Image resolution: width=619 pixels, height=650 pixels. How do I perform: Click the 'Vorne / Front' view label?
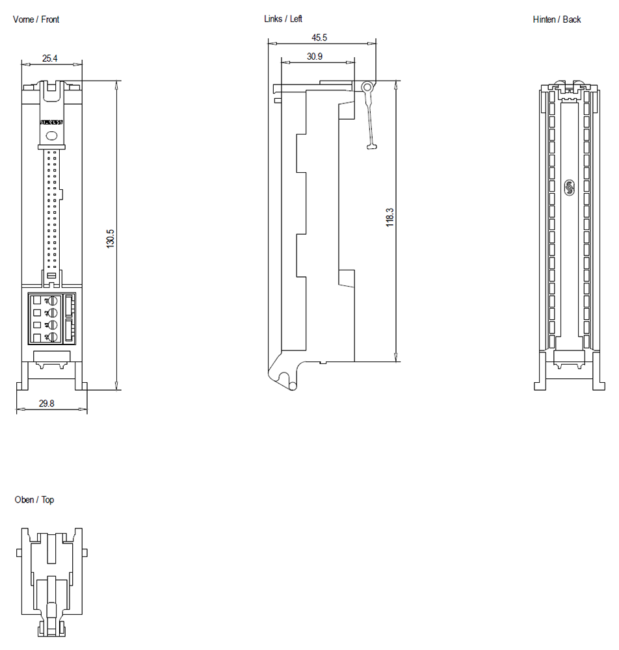coord(36,19)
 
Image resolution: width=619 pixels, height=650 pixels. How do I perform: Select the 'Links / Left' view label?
coord(283,19)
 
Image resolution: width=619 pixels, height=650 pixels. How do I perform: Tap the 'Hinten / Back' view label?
coord(557,19)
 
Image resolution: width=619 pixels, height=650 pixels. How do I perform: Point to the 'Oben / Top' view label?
coord(34,500)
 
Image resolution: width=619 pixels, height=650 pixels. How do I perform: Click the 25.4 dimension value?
coord(49,58)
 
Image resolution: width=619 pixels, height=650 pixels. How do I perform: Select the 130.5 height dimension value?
coord(111,238)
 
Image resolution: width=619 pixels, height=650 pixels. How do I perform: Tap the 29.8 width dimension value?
coord(46,404)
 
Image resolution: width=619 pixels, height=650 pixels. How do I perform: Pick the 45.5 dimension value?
coord(319,38)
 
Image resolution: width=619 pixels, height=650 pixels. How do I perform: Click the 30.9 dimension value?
coord(315,57)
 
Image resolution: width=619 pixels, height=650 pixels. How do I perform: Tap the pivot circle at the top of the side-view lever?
coord(367,86)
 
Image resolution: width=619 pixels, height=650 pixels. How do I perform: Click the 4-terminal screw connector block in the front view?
coord(52,318)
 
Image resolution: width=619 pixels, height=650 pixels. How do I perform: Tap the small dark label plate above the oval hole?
coord(51,122)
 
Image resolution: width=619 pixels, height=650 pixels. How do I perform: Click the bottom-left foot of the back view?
coord(541,386)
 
